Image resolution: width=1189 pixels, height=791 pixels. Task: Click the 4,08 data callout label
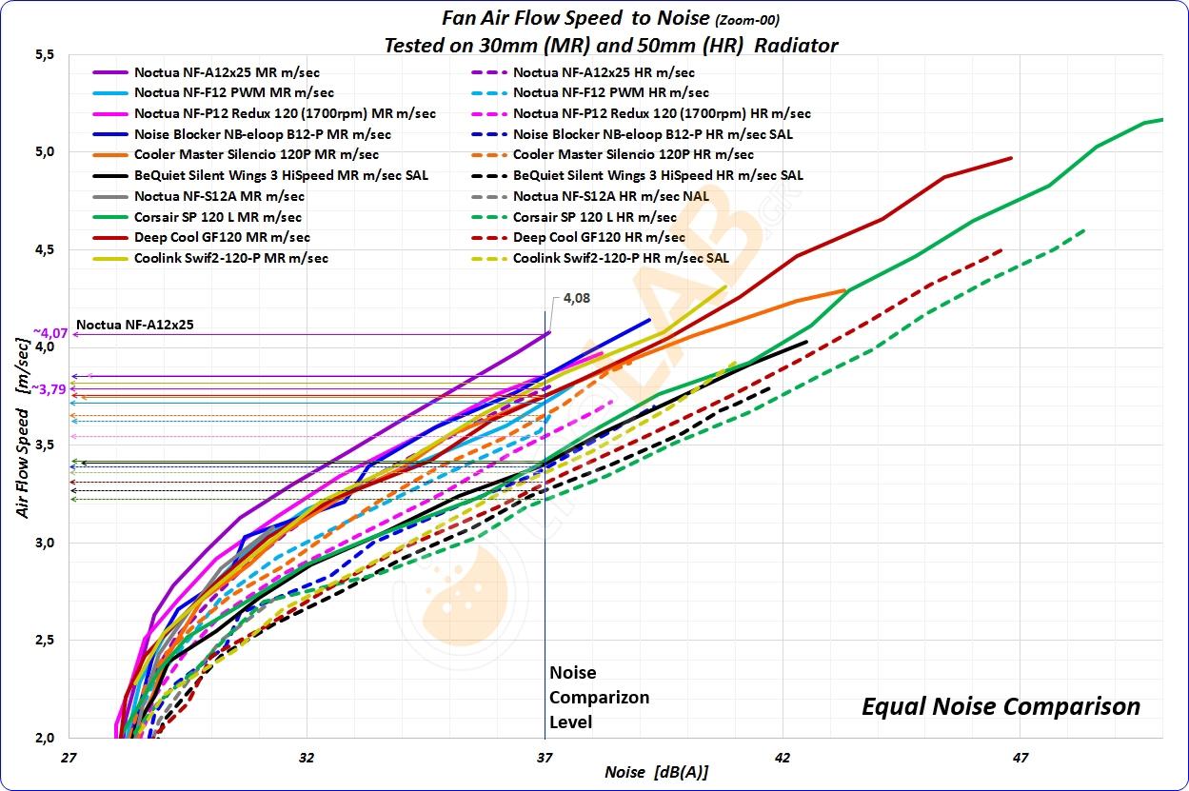[576, 298]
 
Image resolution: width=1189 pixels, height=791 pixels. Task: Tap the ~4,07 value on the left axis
[50, 333]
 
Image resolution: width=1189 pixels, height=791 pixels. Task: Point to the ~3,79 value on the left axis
[50, 389]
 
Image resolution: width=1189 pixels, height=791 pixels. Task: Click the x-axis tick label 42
[782, 758]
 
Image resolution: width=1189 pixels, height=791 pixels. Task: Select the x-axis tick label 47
[1020, 758]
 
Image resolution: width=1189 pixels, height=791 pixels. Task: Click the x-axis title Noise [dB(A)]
[656, 772]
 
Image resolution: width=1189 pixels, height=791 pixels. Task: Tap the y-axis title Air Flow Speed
[22, 457]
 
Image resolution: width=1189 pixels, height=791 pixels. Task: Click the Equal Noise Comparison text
[1000, 706]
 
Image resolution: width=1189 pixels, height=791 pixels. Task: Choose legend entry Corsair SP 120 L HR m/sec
[594, 217]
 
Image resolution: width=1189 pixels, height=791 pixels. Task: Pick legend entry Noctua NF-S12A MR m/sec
[219, 196]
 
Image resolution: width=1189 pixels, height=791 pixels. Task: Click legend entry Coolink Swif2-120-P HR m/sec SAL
[621, 258]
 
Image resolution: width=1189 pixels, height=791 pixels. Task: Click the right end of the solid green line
[1161, 120]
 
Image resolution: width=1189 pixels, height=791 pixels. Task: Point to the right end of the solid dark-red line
[1011, 158]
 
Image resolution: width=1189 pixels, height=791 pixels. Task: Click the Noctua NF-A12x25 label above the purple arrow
[134, 325]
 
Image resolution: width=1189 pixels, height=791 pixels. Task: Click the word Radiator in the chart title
[796, 46]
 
